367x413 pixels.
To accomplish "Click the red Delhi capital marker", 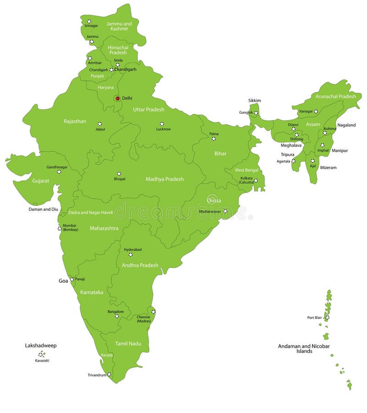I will click(x=117, y=98).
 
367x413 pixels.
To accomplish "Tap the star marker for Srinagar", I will click(x=89, y=21).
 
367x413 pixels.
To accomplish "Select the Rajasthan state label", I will click(x=75, y=121).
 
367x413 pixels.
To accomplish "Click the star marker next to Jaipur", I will click(x=100, y=124).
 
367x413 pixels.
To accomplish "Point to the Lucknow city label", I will click(x=163, y=129).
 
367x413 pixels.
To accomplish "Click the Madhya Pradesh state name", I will click(x=165, y=179).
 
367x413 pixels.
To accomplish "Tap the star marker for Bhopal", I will click(x=119, y=174).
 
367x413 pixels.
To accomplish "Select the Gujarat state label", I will click(x=40, y=181).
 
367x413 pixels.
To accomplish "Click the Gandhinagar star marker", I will click(x=59, y=172).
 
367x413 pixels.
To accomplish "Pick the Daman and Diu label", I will click(x=44, y=209).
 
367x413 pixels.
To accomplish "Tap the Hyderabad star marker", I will click(x=130, y=255).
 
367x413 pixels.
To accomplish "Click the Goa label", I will click(x=63, y=281).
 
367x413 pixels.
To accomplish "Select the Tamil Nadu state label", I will click(x=128, y=343).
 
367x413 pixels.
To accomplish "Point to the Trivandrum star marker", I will click(x=109, y=374).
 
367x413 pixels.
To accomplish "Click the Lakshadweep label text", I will click(x=41, y=345).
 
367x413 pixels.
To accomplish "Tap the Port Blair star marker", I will click(x=327, y=317).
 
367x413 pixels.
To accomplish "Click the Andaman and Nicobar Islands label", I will click(x=304, y=349).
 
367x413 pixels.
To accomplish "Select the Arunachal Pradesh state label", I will click(x=335, y=96).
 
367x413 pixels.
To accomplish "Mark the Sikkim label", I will click(x=255, y=101).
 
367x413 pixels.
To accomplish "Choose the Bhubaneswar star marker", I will click(x=225, y=211).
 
